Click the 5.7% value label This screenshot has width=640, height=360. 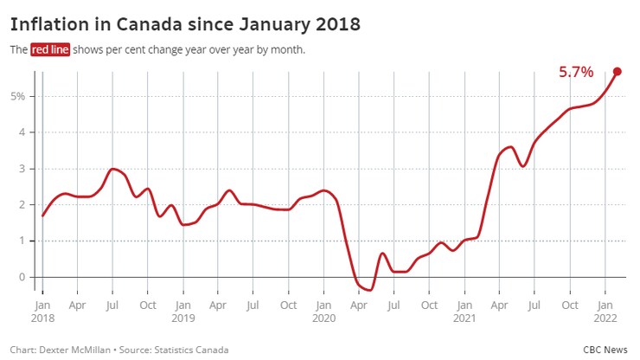pos(575,73)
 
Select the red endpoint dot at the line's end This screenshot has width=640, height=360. pos(618,71)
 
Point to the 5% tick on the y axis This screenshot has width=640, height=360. pos(17,96)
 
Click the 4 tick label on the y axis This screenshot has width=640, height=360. pos(22,132)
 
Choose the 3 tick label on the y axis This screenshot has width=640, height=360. pos(22,169)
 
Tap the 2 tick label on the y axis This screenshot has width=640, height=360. pos(22,205)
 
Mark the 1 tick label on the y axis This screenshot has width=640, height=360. pos(22,241)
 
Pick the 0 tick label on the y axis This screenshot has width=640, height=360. pos(22,278)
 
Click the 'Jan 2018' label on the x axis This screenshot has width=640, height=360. pos(42,312)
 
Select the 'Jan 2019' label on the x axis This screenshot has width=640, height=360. pos(182,312)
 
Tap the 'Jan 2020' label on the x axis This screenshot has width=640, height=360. pos(323,312)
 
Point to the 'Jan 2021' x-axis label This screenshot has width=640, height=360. pos(464,312)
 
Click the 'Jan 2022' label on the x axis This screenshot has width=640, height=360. pos(605,312)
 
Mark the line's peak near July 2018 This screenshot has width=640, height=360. pos(113,169)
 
